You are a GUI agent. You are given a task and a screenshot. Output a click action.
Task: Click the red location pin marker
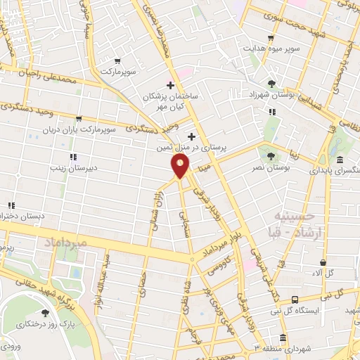pos(181,166)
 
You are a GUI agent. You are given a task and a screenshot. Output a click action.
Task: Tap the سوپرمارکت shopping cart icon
pos(117,60)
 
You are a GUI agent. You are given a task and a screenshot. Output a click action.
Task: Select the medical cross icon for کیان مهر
pos(171,84)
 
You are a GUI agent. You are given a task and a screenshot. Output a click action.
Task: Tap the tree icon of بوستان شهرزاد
pos(271,82)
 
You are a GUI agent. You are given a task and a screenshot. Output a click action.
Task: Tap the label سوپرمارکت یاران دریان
pos(76,130)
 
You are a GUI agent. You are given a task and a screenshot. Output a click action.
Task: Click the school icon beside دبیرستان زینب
pos(72,157)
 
